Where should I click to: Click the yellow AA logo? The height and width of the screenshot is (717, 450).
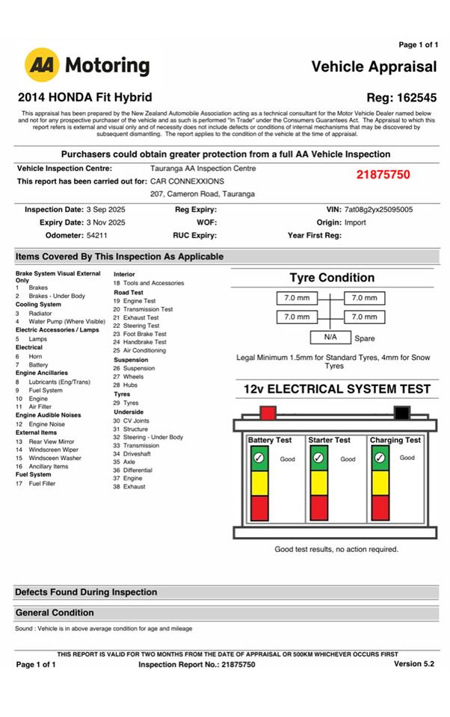43,65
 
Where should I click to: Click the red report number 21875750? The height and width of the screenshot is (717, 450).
383,175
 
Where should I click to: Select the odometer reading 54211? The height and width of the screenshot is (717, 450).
97,235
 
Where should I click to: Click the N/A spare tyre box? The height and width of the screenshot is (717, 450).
330,337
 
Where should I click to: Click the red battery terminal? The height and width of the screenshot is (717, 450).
267,412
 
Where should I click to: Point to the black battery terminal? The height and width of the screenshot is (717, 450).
402,412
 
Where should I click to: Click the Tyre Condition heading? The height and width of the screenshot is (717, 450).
332,278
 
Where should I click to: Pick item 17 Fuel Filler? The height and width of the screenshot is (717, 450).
42,483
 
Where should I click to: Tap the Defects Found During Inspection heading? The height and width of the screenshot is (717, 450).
86,592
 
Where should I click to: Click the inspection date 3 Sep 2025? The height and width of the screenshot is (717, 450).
105,211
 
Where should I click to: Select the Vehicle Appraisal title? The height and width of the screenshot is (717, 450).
374,66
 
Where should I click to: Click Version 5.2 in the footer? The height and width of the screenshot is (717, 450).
413,664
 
